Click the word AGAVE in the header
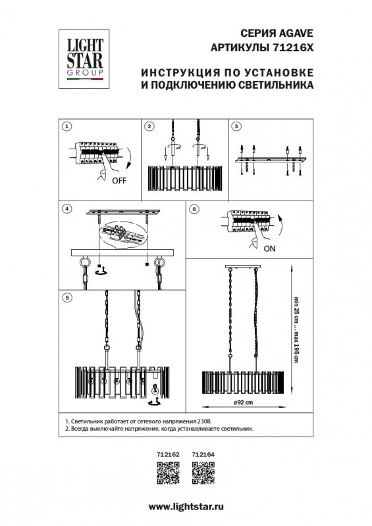pos(295,35)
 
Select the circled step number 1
pos(66,126)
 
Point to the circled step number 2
pos(149,126)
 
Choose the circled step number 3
pos(237,126)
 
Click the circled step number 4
pos(66,208)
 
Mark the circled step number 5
pos(66,297)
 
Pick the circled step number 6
pos(194,208)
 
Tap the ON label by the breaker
pos(269,249)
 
